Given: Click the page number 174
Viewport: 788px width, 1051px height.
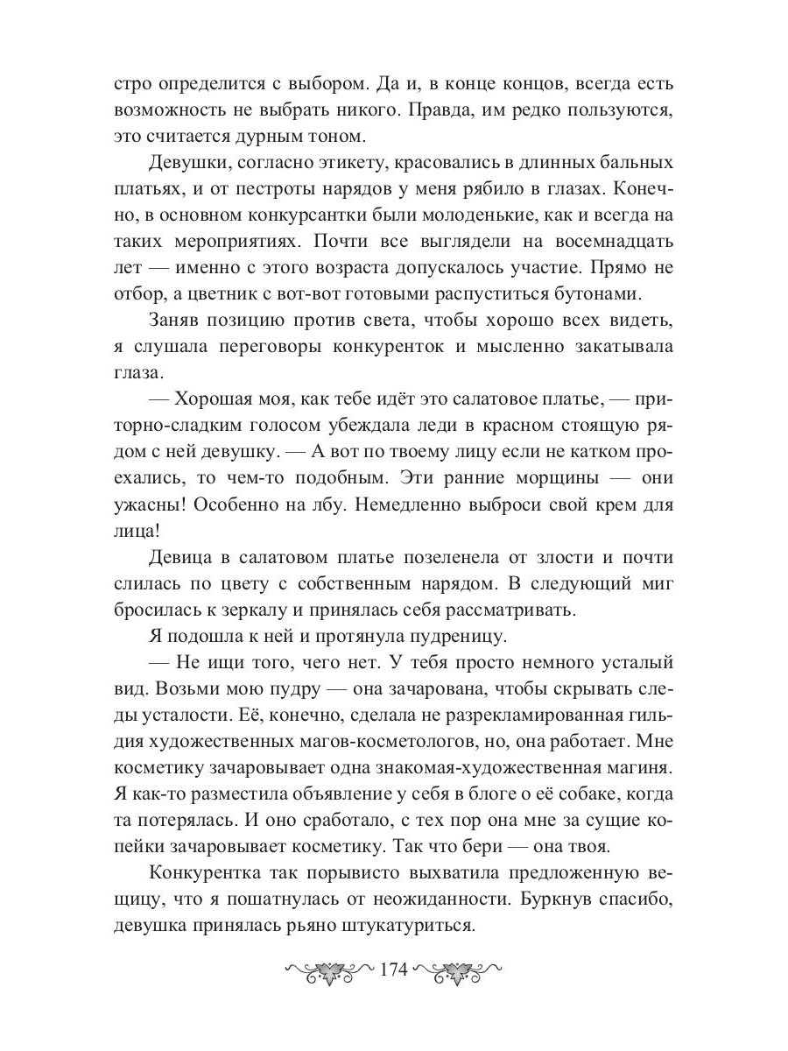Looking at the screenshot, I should click(x=394, y=970).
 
